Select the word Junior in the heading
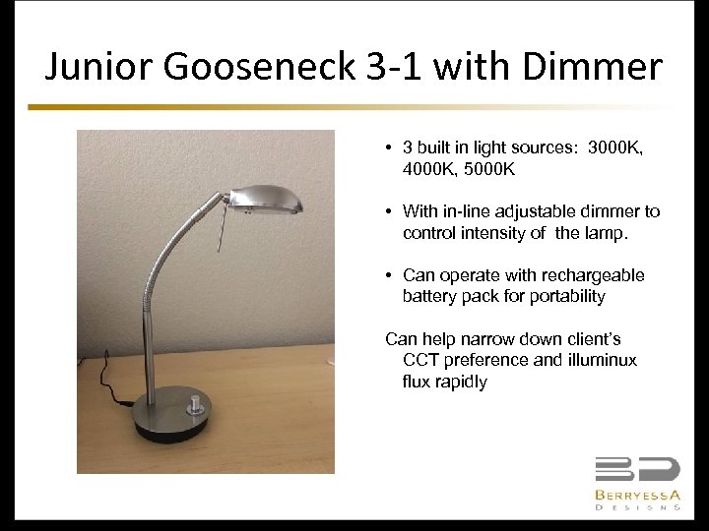[x=95, y=67]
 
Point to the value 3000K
[x=614, y=148]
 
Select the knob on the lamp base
[x=194, y=403]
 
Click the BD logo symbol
[x=636, y=470]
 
